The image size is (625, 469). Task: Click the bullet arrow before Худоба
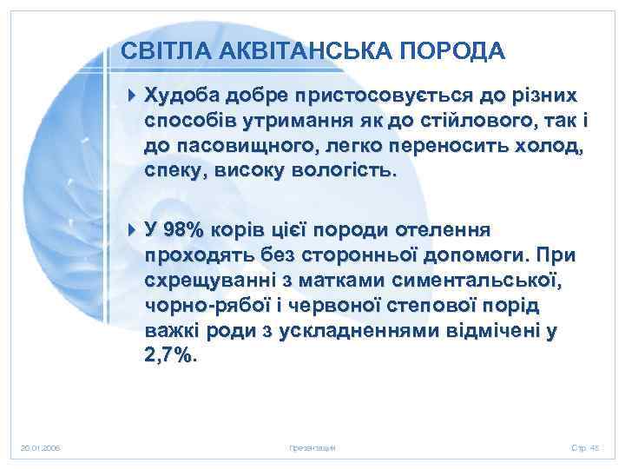(x=131, y=93)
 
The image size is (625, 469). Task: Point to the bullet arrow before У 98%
(x=131, y=230)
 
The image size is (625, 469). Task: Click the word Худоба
(x=176, y=93)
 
